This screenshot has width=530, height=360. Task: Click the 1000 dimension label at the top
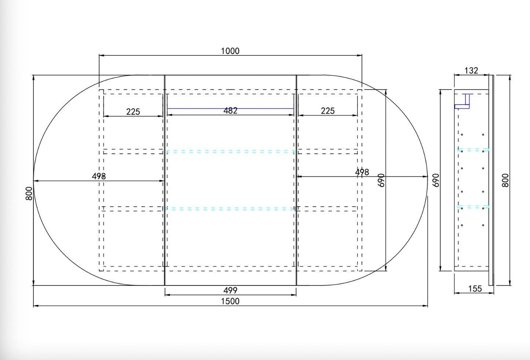click(x=230, y=51)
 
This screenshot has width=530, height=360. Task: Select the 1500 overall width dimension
click(x=230, y=301)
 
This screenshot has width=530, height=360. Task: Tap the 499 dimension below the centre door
click(x=230, y=290)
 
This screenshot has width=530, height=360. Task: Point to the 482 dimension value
click(x=230, y=110)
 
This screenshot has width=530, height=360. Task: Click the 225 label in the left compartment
click(x=133, y=112)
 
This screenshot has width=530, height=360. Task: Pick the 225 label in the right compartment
click(x=328, y=111)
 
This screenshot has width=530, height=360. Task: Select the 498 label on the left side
click(x=99, y=176)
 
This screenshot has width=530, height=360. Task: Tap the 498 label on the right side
click(x=362, y=172)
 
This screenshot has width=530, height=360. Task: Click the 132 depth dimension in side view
click(x=471, y=70)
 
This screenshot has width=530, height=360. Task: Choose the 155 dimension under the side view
click(x=475, y=289)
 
